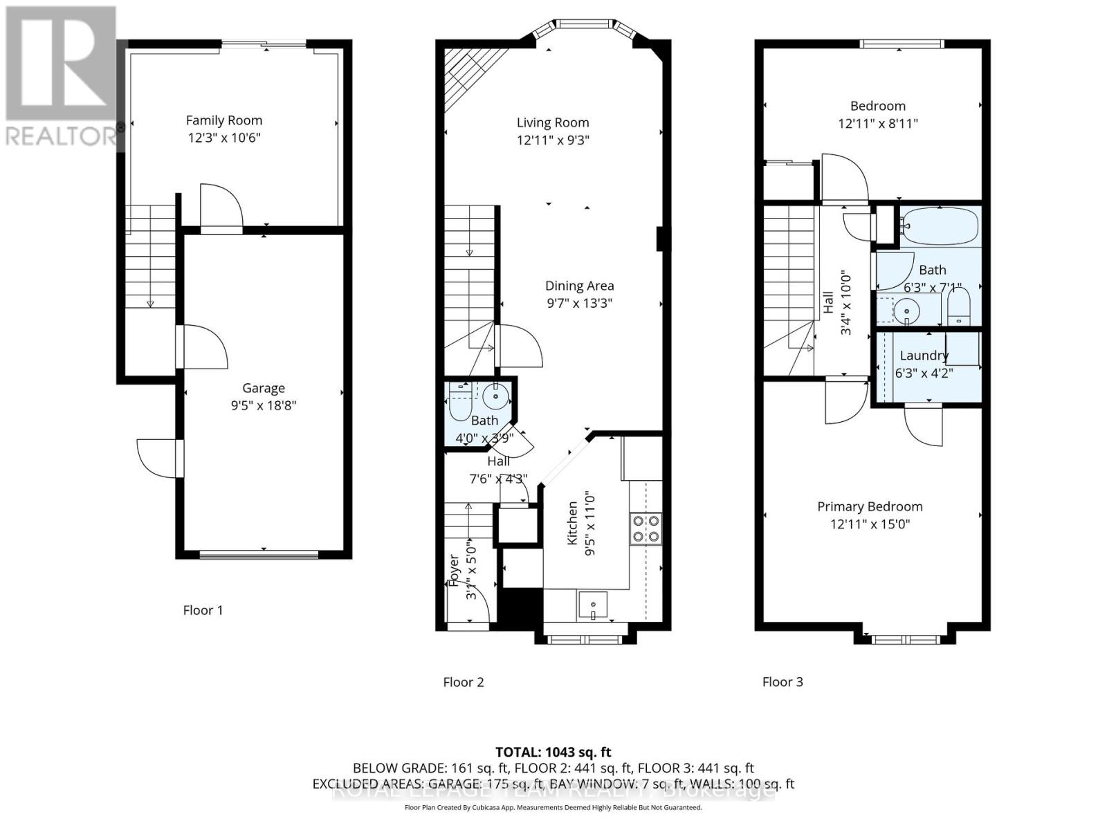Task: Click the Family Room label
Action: (224, 120)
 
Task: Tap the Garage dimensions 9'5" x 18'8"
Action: (264, 405)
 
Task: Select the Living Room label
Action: (553, 122)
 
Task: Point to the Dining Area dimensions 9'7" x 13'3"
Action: (579, 303)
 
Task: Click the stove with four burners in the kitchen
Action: (645, 528)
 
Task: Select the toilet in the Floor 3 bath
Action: (958, 306)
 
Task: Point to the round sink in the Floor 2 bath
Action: (496, 396)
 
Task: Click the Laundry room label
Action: (924, 356)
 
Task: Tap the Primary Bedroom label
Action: (870, 506)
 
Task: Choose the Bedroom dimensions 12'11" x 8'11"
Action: (878, 124)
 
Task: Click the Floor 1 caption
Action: (203, 610)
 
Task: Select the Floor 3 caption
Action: (783, 682)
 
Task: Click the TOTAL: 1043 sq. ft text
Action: (553, 752)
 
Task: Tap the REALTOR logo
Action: (61, 76)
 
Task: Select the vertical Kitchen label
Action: (573, 523)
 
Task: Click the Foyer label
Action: (454, 571)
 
